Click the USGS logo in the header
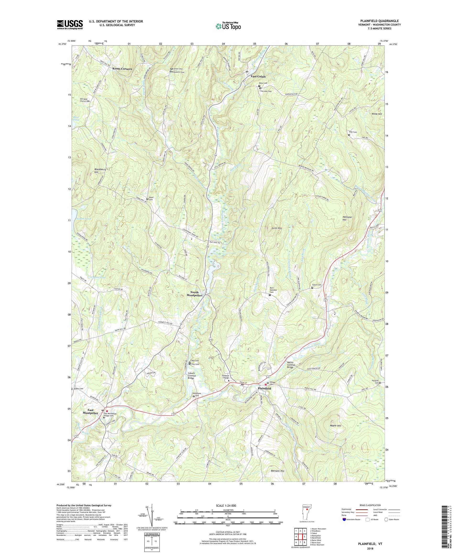(70, 25)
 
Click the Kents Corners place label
(122, 69)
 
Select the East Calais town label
(258, 76)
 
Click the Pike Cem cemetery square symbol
(349, 135)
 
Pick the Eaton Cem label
(317, 285)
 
